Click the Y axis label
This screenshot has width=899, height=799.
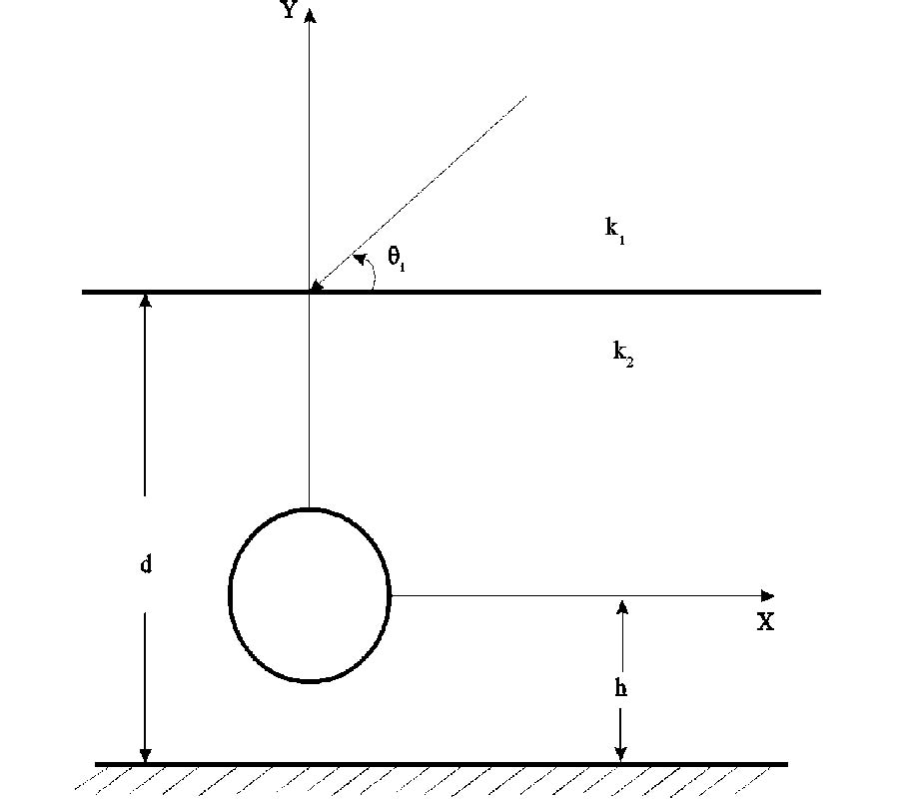[290, 12]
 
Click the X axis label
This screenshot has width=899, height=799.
[765, 622]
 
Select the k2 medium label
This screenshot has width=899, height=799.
[622, 352]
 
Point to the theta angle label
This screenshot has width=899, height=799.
[397, 260]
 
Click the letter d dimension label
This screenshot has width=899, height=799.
[146, 564]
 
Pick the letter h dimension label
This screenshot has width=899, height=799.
[621, 687]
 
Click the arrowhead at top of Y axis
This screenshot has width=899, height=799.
[310, 14]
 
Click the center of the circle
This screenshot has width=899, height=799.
[310, 596]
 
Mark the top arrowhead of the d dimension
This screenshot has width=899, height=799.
[146, 300]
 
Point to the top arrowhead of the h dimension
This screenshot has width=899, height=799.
[621, 605]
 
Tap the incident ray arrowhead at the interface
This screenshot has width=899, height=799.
[315, 286]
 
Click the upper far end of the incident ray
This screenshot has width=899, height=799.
[525, 97]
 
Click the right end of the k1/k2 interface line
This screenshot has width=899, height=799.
[819, 292]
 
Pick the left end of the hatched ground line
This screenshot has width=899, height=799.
[97, 765]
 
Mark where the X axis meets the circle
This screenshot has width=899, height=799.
[390, 596]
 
